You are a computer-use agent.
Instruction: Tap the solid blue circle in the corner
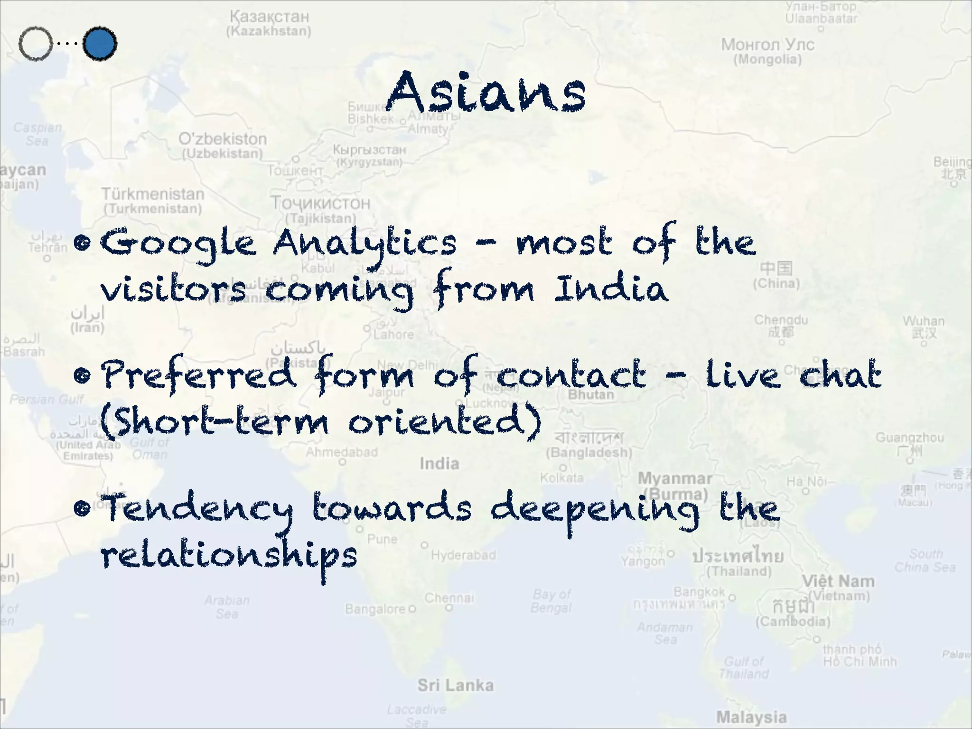pyautogui.click(x=100, y=44)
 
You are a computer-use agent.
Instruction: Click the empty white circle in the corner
pyautogui.click(x=36, y=44)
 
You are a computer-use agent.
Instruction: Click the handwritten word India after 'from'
pyautogui.click(x=611, y=289)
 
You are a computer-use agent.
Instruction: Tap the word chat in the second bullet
pyautogui.click(x=840, y=375)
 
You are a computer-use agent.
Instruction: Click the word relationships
pyautogui.click(x=229, y=555)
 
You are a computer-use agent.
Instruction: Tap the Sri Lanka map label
pyautogui.click(x=456, y=685)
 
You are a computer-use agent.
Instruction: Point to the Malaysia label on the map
pyautogui.click(x=751, y=717)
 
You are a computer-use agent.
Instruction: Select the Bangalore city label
pyautogui.click(x=375, y=609)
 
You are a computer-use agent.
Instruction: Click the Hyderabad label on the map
pyautogui.click(x=463, y=555)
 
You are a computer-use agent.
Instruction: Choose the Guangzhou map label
pyautogui.click(x=909, y=438)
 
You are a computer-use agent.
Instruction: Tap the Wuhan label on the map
pyautogui.click(x=924, y=321)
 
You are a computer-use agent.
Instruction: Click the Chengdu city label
pyautogui.click(x=781, y=320)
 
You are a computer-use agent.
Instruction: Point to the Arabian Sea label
pyautogui.click(x=227, y=607)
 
